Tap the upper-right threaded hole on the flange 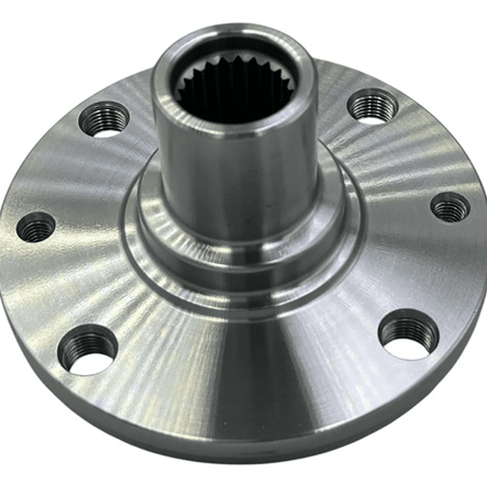point(372,106)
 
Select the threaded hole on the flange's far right point(450,207)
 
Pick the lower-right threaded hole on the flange point(408,335)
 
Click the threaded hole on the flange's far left point(36,227)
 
